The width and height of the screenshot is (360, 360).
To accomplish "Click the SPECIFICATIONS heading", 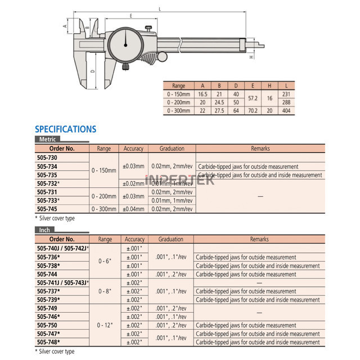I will click(65, 129).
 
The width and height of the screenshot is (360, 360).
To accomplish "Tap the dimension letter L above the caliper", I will click(160, 9).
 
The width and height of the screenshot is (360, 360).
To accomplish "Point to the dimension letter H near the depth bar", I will click(251, 57).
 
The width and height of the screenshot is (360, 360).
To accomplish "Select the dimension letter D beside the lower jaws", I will click(92, 72).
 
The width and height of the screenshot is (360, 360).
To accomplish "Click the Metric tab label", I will click(47, 139).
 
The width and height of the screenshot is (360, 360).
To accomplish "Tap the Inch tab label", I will click(44, 230).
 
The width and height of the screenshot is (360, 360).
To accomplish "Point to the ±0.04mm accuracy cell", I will click(133, 209).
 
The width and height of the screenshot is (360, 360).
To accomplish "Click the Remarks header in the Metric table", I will click(259, 148).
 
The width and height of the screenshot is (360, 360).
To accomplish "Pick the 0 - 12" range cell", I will click(105, 325).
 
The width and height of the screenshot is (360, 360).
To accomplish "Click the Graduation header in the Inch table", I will click(170, 239).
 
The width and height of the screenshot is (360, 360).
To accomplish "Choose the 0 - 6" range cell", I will click(105, 261).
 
